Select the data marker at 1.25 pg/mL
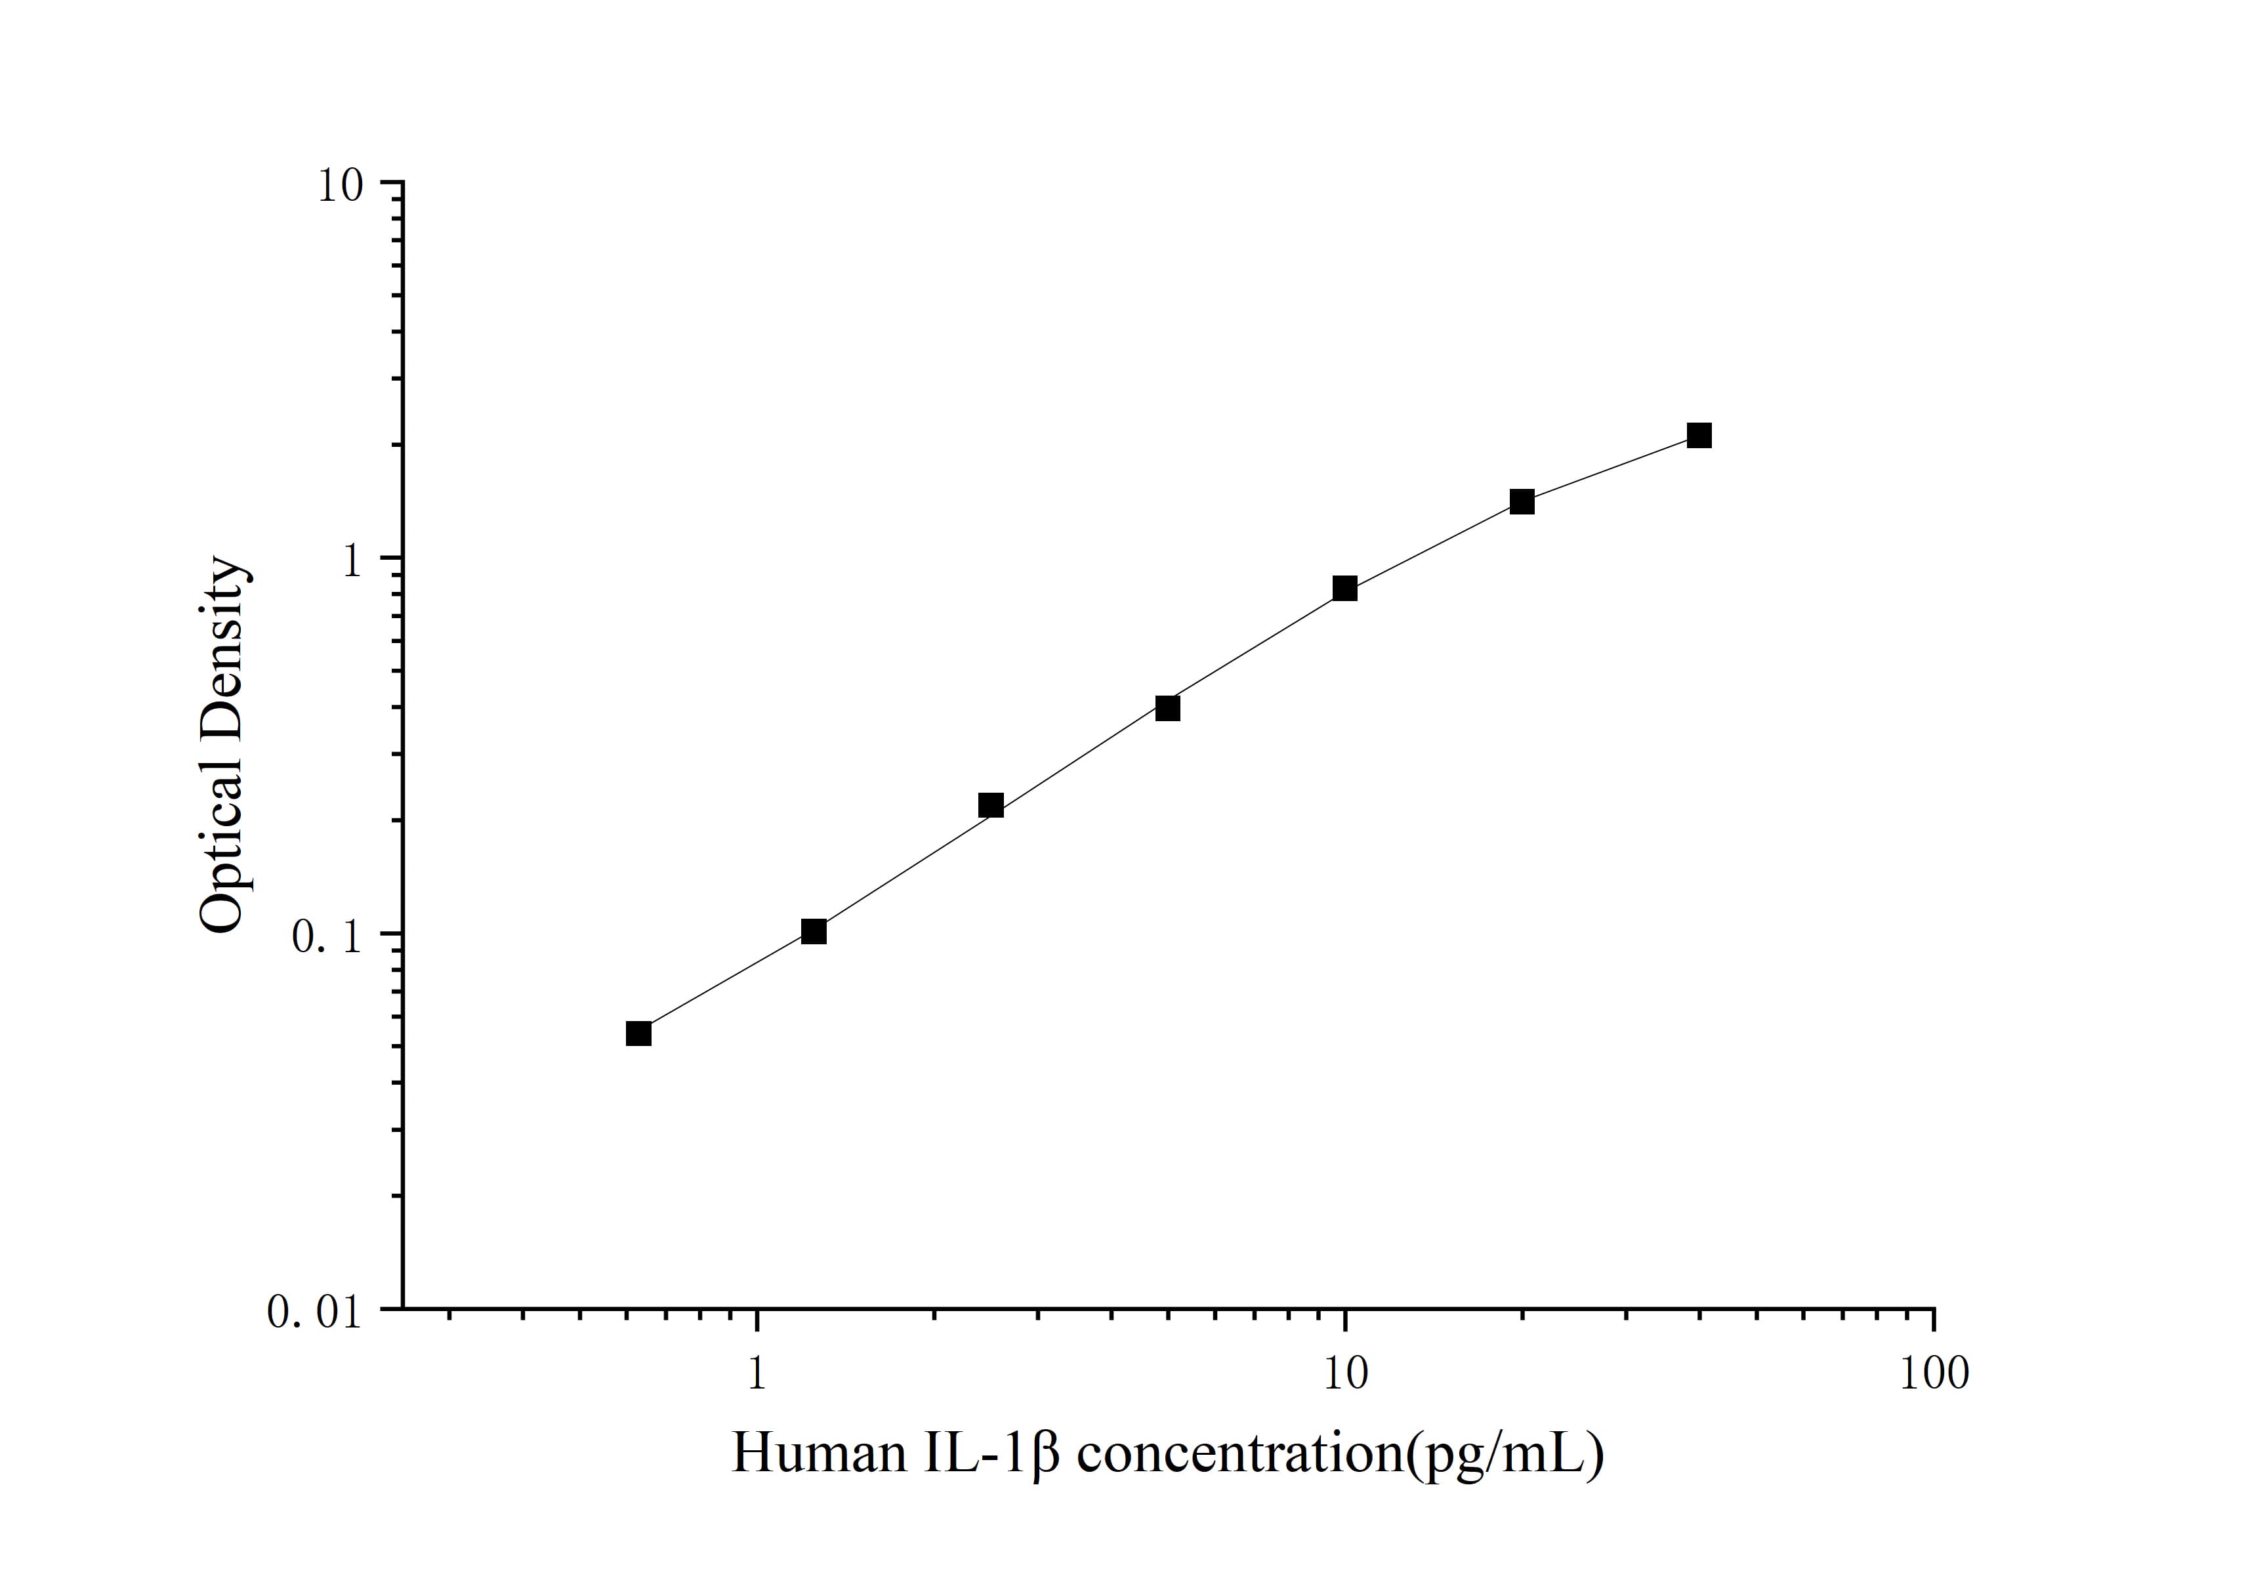tap(814, 931)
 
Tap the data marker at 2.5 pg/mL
tap(991, 805)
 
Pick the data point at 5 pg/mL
tap(1167, 708)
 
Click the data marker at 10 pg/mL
tap(1345, 589)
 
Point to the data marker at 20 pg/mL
tap(1522, 502)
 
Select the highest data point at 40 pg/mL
tap(1699, 435)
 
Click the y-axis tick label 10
tap(339, 186)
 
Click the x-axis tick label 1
tap(756, 1374)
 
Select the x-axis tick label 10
tap(1345, 1374)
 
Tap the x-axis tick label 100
tap(1933, 1374)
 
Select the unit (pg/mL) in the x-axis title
tap(1507, 1455)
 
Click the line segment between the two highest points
tap(1610, 469)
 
